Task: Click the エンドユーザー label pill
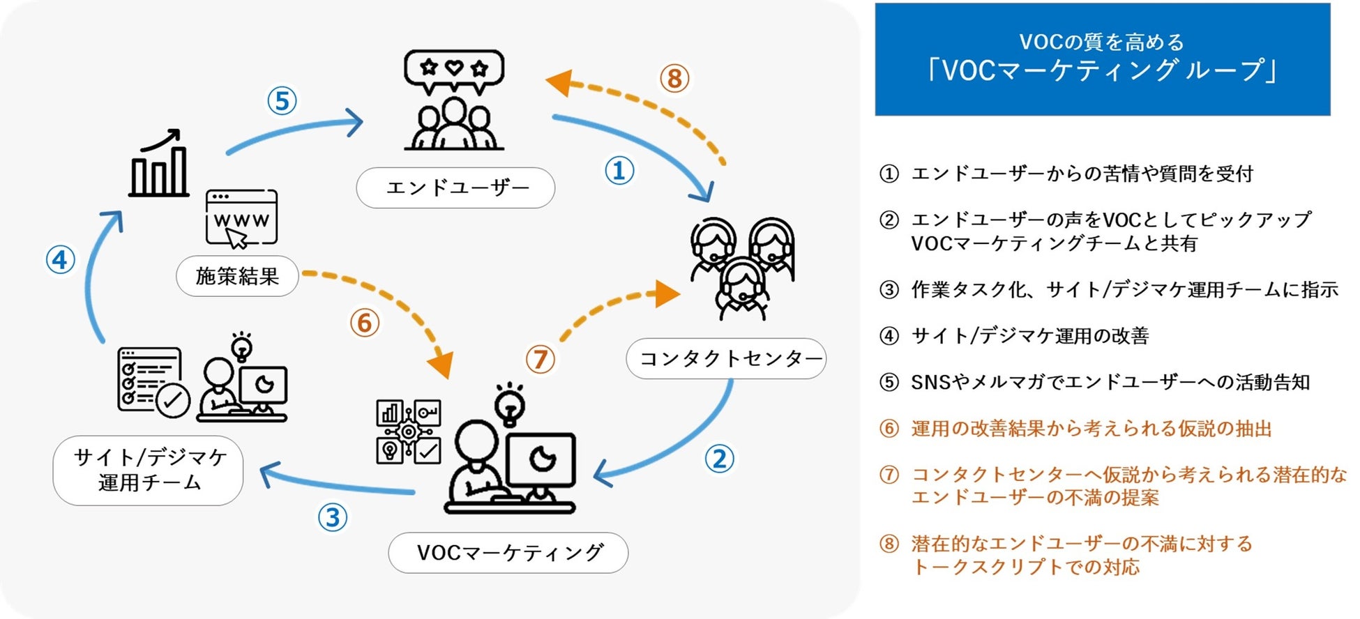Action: coord(455,188)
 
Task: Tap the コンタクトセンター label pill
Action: coord(726,358)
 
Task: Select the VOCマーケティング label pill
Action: coord(508,553)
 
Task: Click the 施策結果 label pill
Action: coord(237,276)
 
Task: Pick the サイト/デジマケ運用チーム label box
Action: coord(149,471)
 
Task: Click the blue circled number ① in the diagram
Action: coord(619,171)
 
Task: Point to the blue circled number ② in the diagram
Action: coord(719,459)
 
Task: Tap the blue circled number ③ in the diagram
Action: coord(333,518)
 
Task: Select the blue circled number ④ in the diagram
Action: coord(61,260)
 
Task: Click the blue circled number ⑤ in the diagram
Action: coord(282,101)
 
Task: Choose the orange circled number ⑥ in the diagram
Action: coord(364,323)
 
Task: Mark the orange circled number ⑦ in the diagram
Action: coord(540,360)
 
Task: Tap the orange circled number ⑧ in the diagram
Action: coord(674,78)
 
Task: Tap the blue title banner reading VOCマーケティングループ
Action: coord(1102,59)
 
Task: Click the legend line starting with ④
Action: coord(1015,336)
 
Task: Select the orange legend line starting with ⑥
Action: coord(1076,429)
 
